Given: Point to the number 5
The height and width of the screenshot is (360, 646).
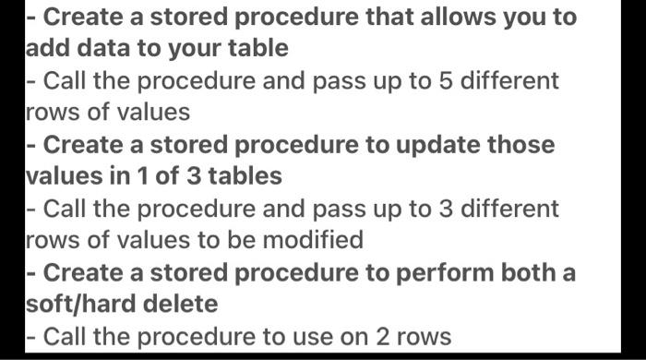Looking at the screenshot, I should (447, 80).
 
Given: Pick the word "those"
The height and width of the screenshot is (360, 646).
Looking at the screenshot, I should (520, 145).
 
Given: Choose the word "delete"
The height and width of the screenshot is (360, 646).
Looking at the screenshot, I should (184, 304).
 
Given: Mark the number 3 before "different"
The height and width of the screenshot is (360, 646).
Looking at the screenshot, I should (447, 209).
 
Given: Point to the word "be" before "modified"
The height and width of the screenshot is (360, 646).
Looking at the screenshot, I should (243, 240).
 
